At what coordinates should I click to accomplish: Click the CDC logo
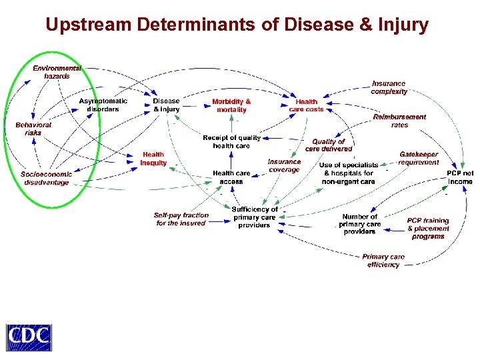pyautogui.click(x=29, y=337)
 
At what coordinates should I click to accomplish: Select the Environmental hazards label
pyautogui.click(x=57, y=72)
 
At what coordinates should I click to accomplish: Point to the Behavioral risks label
pyautogui.click(x=33, y=129)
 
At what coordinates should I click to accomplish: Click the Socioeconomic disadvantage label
pyautogui.click(x=47, y=178)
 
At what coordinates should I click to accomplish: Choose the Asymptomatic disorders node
pyautogui.click(x=103, y=105)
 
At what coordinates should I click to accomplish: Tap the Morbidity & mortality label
pyautogui.click(x=231, y=105)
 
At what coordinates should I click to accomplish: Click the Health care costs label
pyautogui.click(x=306, y=105)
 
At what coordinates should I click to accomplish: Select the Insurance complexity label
pyautogui.click(x=389, y=87)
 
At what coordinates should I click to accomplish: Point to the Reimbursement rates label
pyautogui.click(x=399, y=121)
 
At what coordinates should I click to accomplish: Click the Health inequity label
pyautogui.click(x=153, y=159)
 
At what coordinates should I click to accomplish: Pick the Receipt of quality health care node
pyautogui.click(x=231, y=141)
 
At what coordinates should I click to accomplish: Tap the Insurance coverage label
pyautogui.click(x=284, y=165)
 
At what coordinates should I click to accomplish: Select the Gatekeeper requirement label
pyautogui.click(x=419, y=158)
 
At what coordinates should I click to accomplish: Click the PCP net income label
pyautogui.click(x=460, y=177)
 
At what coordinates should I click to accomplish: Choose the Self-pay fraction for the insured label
pyautogui.click(x=181, y=219)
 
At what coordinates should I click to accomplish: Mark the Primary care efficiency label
pyautogui.click(x=383, y=261)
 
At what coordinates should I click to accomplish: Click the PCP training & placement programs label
pyautogui.click(x=428, y=228)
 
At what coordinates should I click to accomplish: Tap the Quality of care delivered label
pyautogui.click(x=329, y=145)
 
